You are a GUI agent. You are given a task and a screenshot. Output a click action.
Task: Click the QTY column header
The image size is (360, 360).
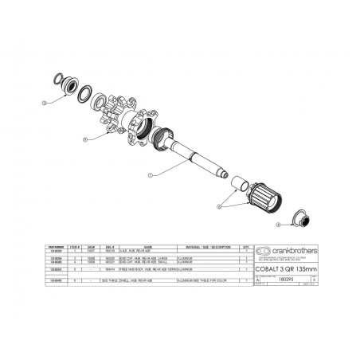[248, 246]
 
